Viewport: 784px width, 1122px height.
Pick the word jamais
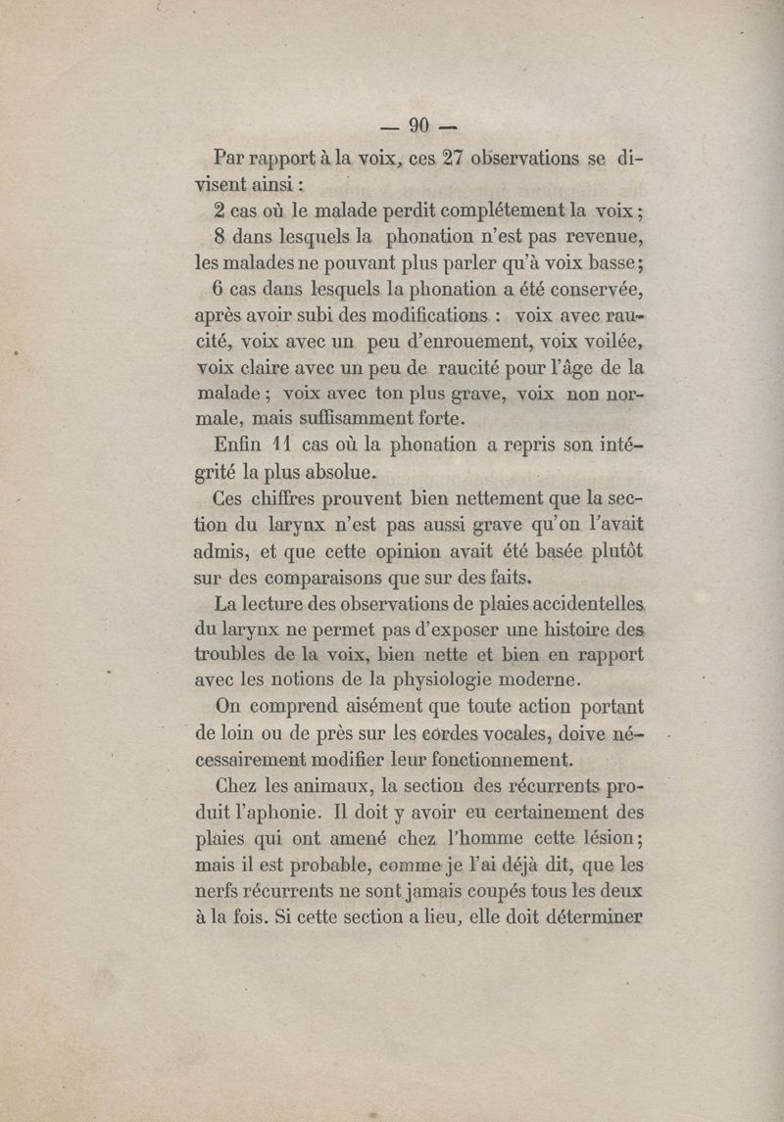[x=459, y=891]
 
